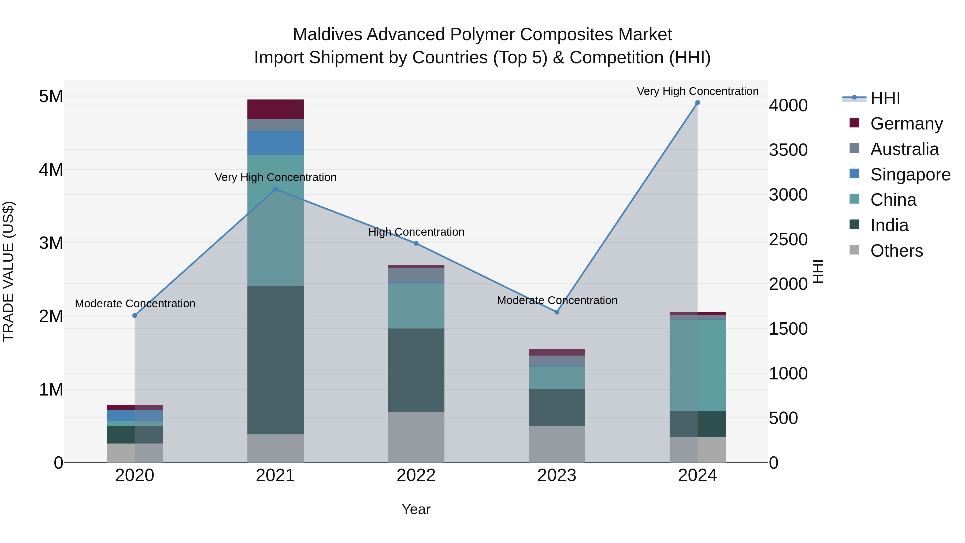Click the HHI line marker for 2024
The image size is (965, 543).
[697, 103]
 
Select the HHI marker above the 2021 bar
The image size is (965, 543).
[275, 189]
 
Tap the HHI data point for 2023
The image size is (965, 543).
[557, 312]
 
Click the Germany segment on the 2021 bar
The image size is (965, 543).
[275, 109]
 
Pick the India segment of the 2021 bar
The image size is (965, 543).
[275, 360]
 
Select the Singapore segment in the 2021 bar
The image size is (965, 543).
[275, 143]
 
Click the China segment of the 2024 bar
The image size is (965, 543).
[697, 365]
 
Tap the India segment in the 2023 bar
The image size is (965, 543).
[557, 407]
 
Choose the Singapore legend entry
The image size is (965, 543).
[910, 175]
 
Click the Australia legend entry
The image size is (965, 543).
[904, 149]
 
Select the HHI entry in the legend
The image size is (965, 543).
[885, 98]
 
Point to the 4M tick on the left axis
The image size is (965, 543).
[51, 170]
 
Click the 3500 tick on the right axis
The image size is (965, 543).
[788, 150]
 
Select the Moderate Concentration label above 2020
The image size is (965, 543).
[135, 304]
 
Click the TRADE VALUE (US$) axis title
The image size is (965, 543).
[8, 271]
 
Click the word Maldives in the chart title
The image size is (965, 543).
[327, 35]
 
